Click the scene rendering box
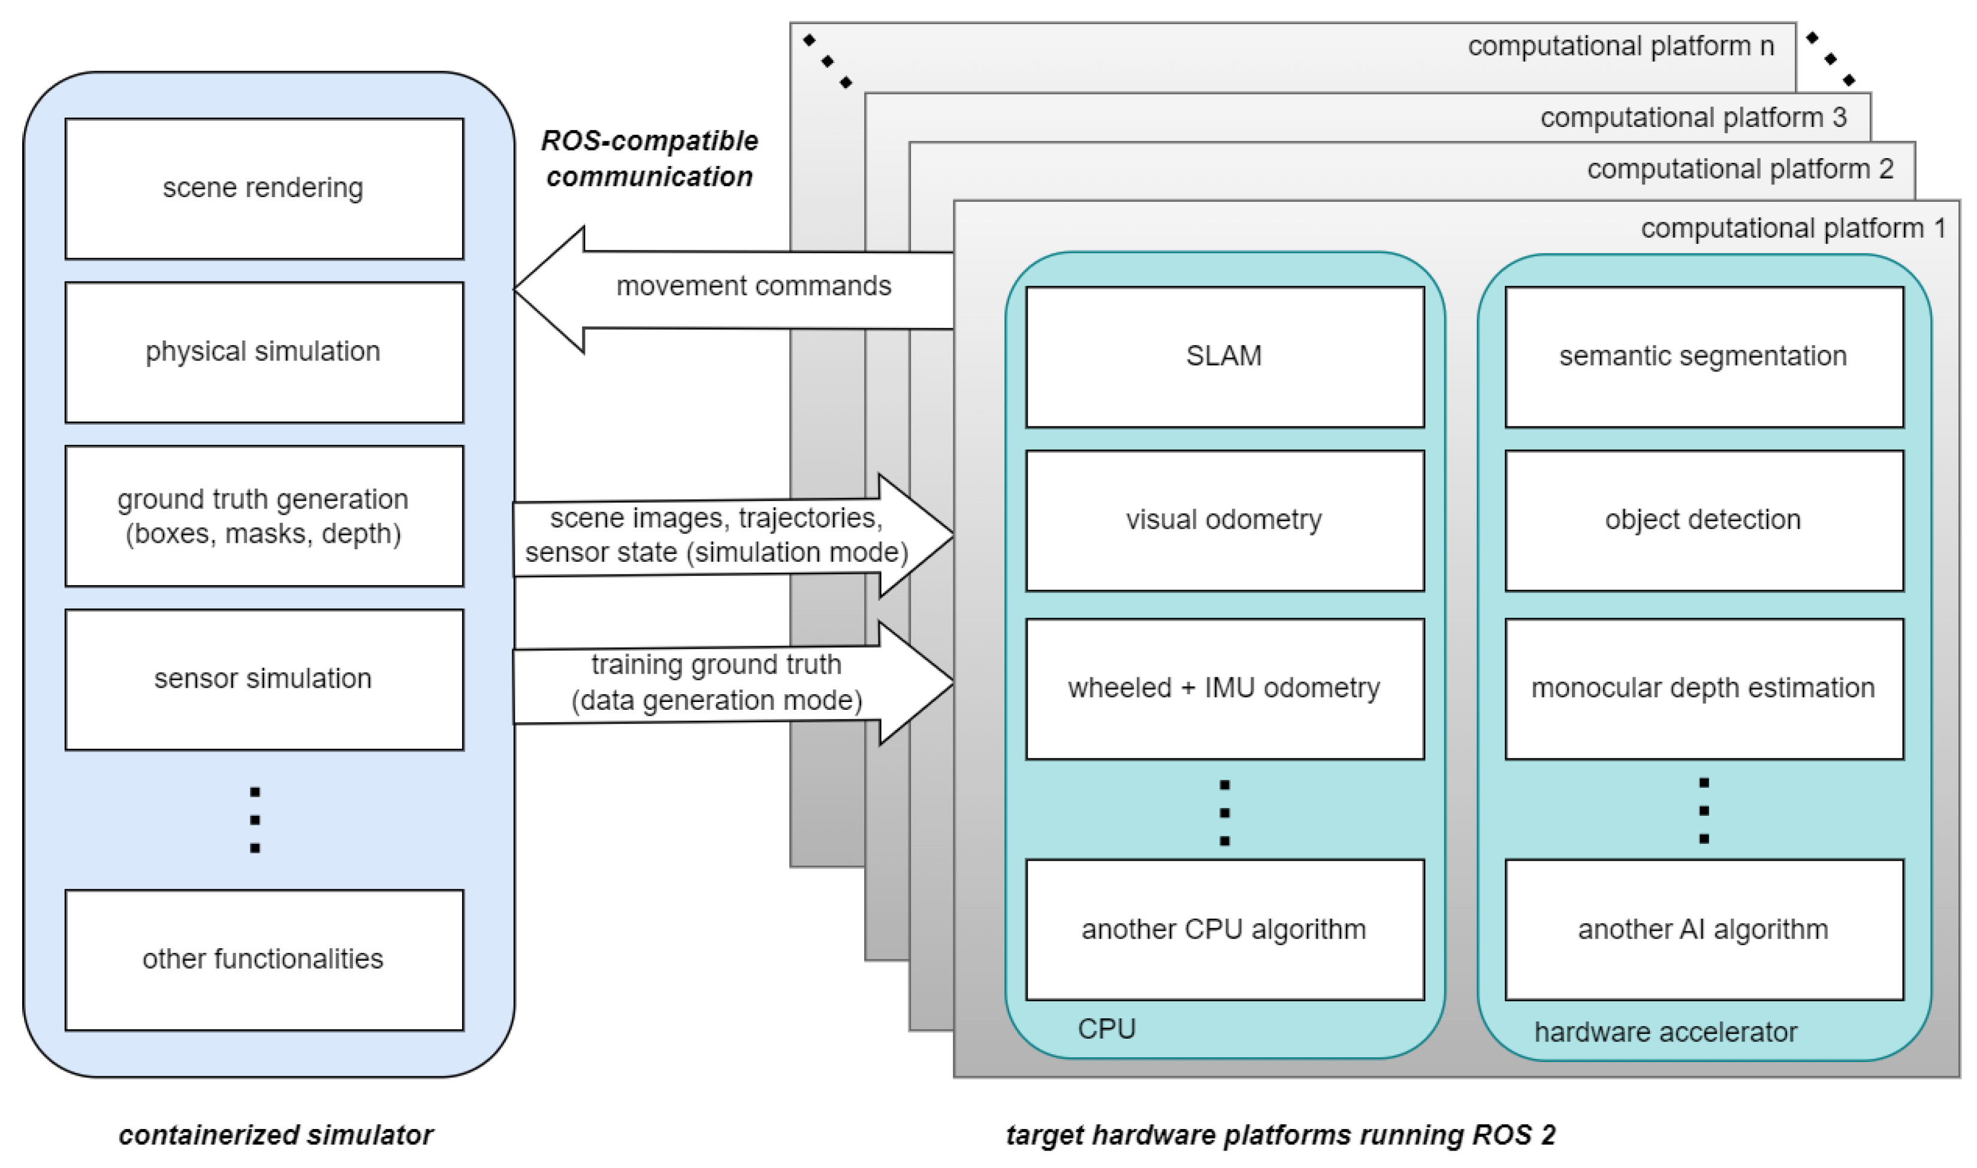click(x=264, y=189)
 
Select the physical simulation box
click(x=264, y=352)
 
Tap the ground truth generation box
click(x=264, y=516)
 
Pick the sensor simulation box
click(x=264, y=679)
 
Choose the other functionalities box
click(x=264, y=960)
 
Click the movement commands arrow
click(x=732, y=288)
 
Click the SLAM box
click(x=1224, y=356)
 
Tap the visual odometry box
click(x=1224, y=521)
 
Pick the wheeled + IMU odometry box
click(x=1224, y=689)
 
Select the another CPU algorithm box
click(x=1224, y=930)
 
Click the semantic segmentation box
click(x=1704, y=356)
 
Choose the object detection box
click(x=1704, y=521)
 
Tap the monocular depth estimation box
click(x=1704, y=689)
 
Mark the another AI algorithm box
click(x=1704, y=930)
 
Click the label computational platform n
click(x=1620, y=47)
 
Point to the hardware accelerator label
click(x=1665, y=1032)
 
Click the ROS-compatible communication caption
click(x=650, y=159)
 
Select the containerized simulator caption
click(x=276, y=1135)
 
